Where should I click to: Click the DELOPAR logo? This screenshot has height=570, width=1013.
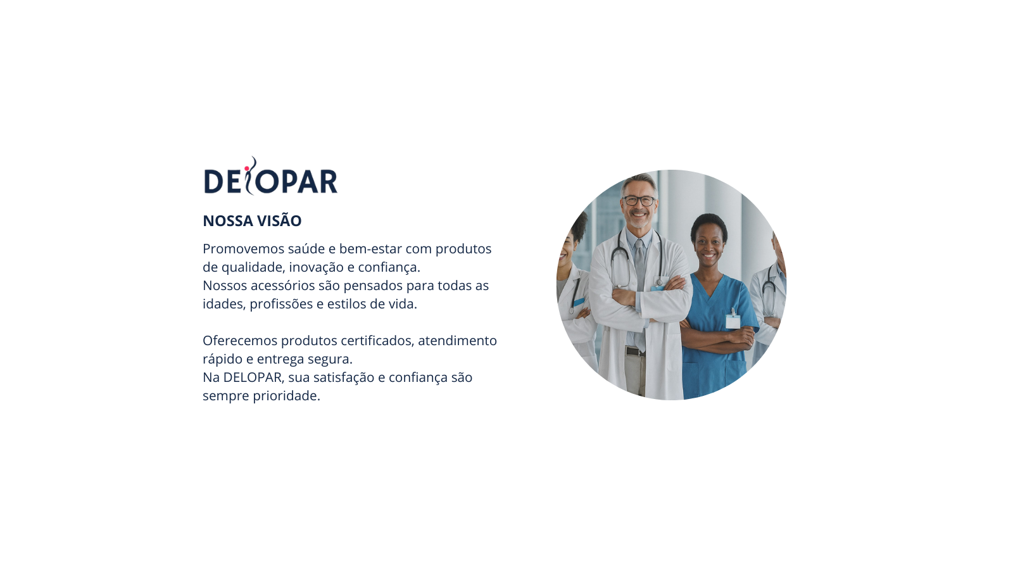coord(271,177)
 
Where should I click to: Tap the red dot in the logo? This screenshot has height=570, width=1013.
coord(246,168)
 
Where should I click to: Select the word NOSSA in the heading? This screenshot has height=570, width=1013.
coord(227,221)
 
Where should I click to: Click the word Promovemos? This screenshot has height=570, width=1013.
coord(243,249)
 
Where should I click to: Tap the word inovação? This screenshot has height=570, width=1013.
coord(316,267)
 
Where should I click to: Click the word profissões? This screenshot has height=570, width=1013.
coord(281,304)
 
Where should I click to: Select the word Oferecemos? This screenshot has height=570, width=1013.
coord(240,341)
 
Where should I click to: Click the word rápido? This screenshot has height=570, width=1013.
coord(222,359)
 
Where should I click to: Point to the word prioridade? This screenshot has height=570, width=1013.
coord(286,396)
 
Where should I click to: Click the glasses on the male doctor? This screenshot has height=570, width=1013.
coord(639,200)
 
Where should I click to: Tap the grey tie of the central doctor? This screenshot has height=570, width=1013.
coord(640,289)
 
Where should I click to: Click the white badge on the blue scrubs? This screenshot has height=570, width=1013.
coord(733,321)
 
